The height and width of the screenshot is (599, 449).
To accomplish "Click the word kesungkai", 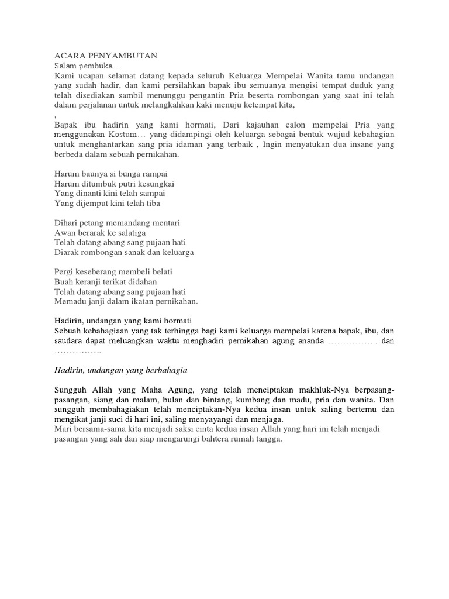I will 154,183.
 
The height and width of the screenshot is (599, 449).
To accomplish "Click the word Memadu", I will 70,301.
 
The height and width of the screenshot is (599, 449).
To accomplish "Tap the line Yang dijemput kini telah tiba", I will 107,203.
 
